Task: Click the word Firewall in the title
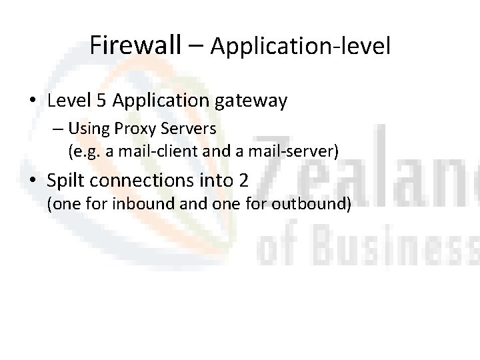coord(135,45)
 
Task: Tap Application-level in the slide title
coord(300,47)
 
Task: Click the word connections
coord(155,180)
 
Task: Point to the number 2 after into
coord(244,180)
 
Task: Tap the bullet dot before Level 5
coord(33,102)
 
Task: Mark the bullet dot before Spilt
coord(33,181)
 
